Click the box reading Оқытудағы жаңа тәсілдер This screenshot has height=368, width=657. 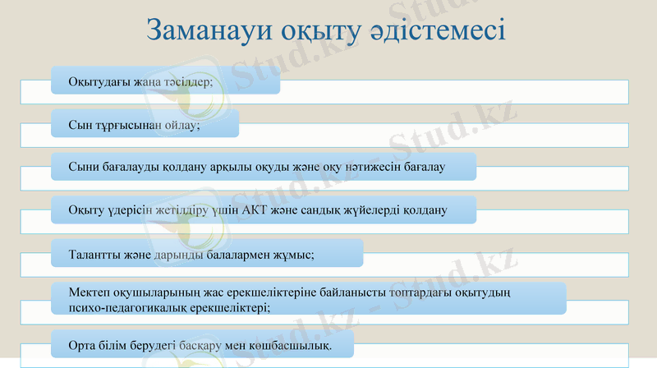point(164,82)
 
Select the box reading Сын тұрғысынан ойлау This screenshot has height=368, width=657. point(145,125)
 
